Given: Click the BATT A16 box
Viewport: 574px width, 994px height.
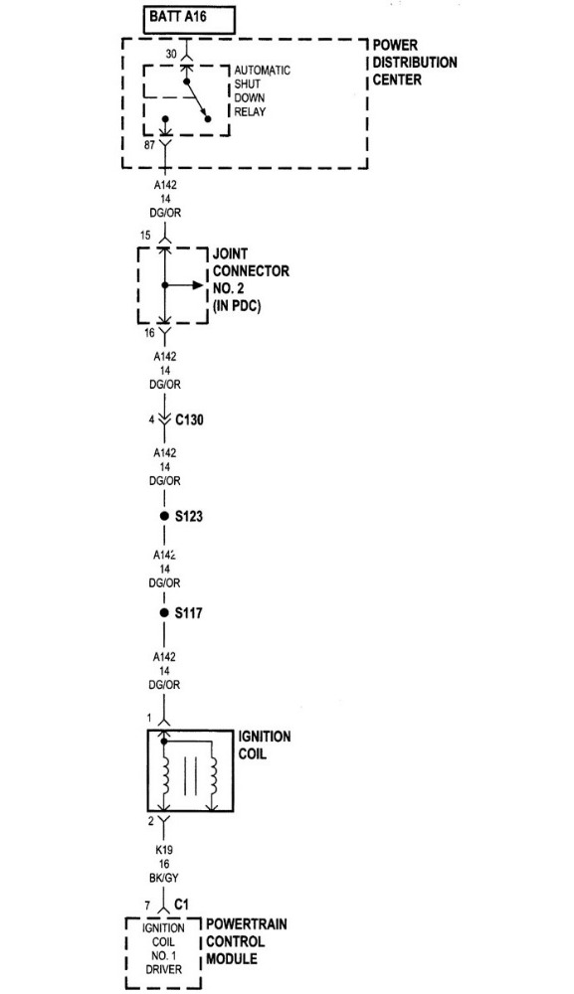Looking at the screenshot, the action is (x=189, y=20).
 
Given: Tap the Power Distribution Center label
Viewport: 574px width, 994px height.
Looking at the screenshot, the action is (x=414, y=62).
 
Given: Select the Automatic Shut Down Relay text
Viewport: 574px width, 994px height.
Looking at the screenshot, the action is (x=262, y=90).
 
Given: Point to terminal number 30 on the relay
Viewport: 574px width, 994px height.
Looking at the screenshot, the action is (x=171, y=55).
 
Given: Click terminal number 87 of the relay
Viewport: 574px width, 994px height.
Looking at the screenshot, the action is (x=149, y=145).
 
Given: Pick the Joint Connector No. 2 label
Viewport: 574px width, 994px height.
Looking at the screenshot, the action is (x=251, y=279).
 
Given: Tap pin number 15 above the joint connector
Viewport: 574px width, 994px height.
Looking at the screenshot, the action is (x=145, y=236).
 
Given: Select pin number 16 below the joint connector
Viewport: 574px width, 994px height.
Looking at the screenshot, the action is (x=149, y=332).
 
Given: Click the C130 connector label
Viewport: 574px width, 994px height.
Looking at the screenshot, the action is (x=189, y=419).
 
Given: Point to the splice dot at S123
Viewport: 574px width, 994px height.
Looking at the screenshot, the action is (x=164, y=516).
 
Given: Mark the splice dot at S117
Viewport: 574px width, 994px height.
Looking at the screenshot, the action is (x=164, y=613).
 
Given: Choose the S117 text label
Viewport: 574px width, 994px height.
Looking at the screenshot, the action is (x=189, y=613).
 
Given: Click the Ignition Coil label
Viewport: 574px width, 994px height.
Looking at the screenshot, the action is (x=265, y=745).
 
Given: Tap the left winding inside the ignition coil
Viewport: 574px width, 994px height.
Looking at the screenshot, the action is (x=165, y=776).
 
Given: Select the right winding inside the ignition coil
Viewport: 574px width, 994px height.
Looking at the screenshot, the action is (x=214, y=776).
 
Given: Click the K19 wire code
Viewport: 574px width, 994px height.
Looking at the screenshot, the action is (x=163, y=850).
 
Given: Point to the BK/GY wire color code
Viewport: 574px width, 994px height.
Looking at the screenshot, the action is (x=164, y=878).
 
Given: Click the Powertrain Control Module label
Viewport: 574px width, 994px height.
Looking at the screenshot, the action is (x=246, y=941).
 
